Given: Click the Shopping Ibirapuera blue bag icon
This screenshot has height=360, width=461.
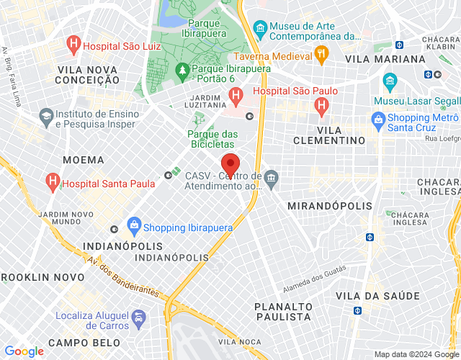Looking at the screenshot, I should (x=133, y=226).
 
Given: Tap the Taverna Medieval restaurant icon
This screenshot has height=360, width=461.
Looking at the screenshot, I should (x=321, y=53).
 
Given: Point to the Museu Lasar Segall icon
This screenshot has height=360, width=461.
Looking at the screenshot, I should (x=390, y=79).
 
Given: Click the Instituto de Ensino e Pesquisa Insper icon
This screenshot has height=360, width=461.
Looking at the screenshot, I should (x=46, y=115).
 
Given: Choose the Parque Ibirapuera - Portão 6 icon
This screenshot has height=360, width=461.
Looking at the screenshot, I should (x=183, y=70).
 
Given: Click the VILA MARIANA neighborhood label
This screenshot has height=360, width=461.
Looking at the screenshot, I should (x=385, y=58).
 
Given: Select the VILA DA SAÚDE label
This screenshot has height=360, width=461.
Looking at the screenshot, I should (x=377, y=296).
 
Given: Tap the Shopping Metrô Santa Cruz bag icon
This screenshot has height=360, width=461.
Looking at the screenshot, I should (x=377, y=118).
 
